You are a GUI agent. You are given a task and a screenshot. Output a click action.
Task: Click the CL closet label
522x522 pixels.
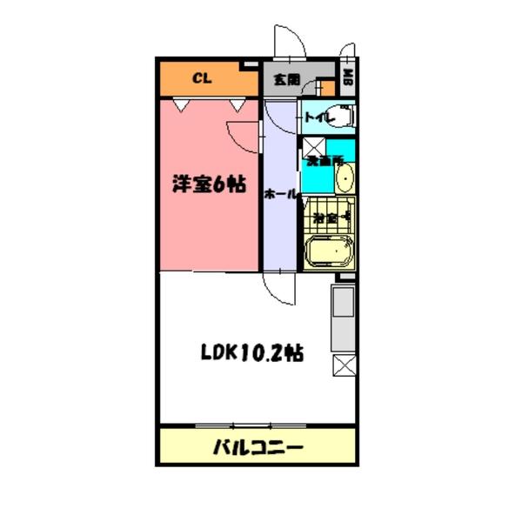click(x=201, y=78)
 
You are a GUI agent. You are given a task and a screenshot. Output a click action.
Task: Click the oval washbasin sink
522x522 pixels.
click(x=344, y=179)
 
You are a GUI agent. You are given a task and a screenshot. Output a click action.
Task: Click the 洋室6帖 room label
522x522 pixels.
click(x=208, y=184)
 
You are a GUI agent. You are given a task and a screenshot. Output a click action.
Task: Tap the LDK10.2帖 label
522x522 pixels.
click(x=252, y=353)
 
